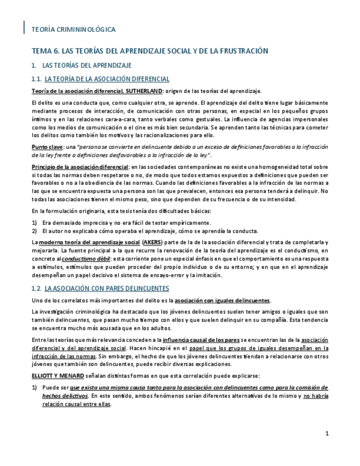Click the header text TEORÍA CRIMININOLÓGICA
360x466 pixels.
click(x=74, y=29)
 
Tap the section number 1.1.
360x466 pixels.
click(x=37, y=79)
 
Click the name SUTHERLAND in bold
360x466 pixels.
click(x=144, y=91)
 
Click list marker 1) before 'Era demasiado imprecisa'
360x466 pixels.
click(x=35, y=223)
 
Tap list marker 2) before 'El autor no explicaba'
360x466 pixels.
click(x=35, y=231)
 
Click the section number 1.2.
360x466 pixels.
click(x=37, y=288)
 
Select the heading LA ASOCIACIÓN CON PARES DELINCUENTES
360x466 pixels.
click(x=107, y=288)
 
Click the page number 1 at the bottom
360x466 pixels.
click(x=327, y=434)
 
